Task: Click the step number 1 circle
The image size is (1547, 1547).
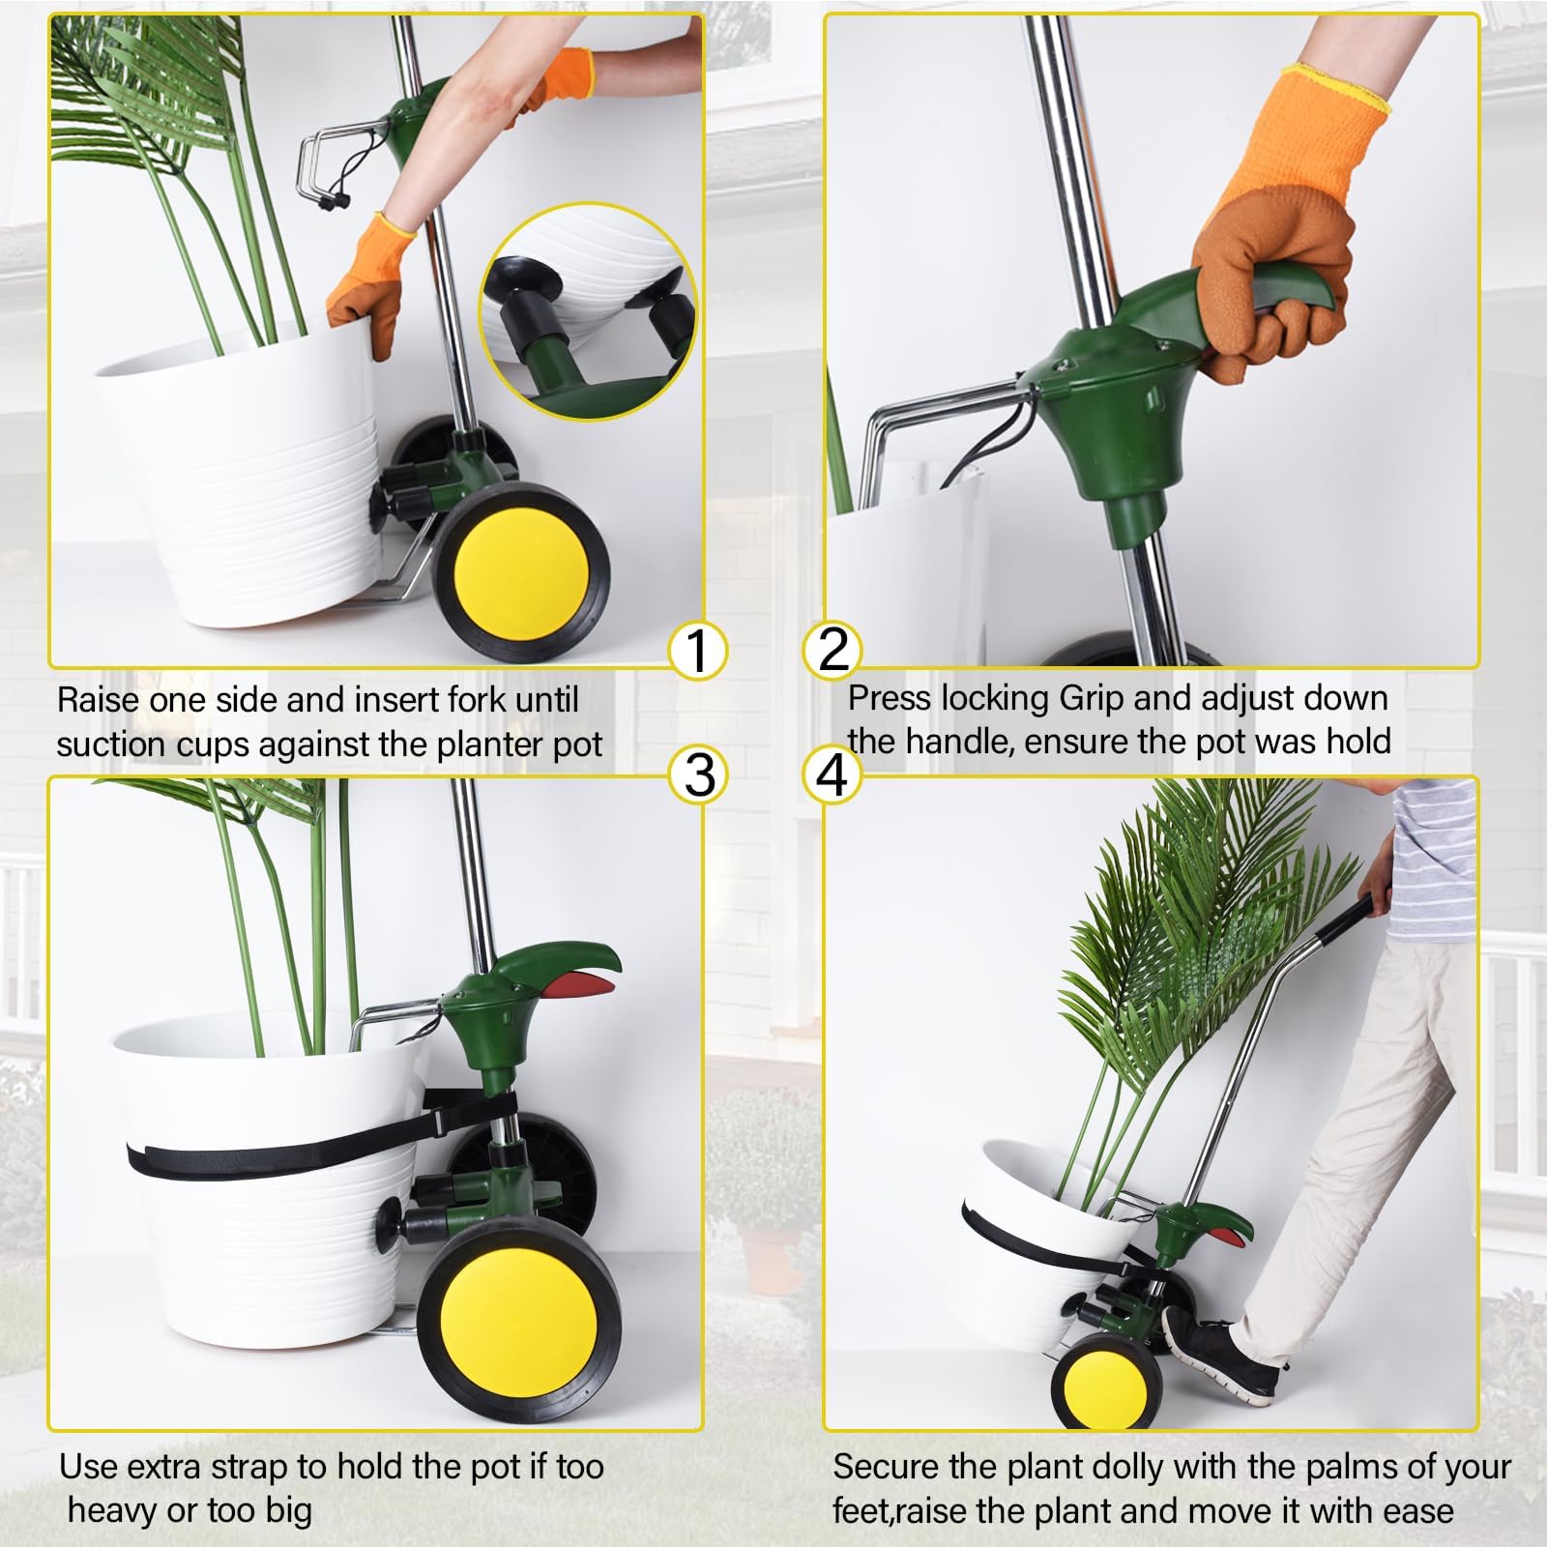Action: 698,650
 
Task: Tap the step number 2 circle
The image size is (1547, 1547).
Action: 832,649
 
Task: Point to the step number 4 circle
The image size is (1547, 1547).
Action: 832,775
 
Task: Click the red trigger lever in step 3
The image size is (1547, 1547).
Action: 584,985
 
